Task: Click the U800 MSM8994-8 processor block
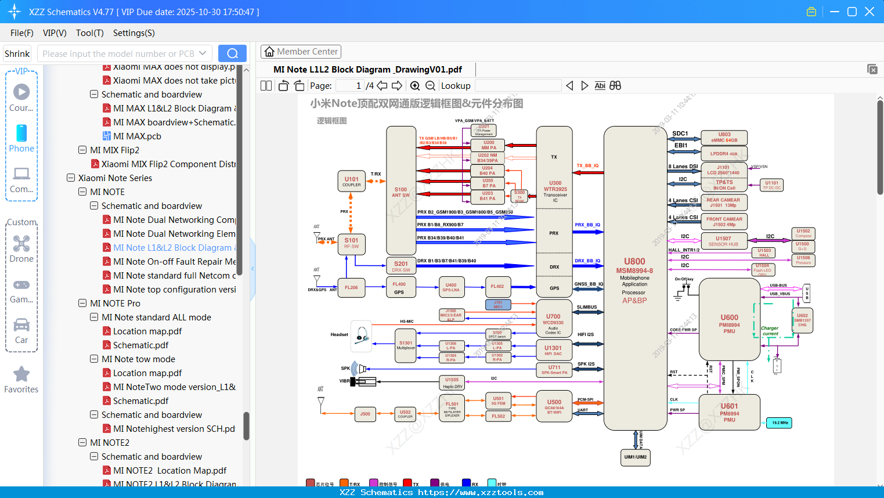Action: click(x=634, y=279)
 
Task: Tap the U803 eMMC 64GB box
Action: click(x=724, y=138)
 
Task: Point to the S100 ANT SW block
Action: click(x=400, y=192)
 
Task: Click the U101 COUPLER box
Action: click(x=351, y=181)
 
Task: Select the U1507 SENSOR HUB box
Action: click(x=723, y=241)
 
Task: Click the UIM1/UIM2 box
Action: click(x=635, y=457)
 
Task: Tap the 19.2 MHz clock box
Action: click(x=780, y=423)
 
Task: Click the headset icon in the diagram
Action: click(x=362, y=336)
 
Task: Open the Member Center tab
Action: click(x=301, y=52)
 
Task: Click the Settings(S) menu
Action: click(x=133, y=33)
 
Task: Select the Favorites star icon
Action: click(x=21, y=374)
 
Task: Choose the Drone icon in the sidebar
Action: click(x=21, y=244)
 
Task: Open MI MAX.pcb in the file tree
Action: click(x=137, y=136)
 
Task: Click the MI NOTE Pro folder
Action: click(x=115, y=304)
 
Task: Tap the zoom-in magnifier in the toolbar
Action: click(x=415, y=86)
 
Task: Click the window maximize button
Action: click(x=852, y=12)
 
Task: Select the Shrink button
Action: click(x=17, y=54)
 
